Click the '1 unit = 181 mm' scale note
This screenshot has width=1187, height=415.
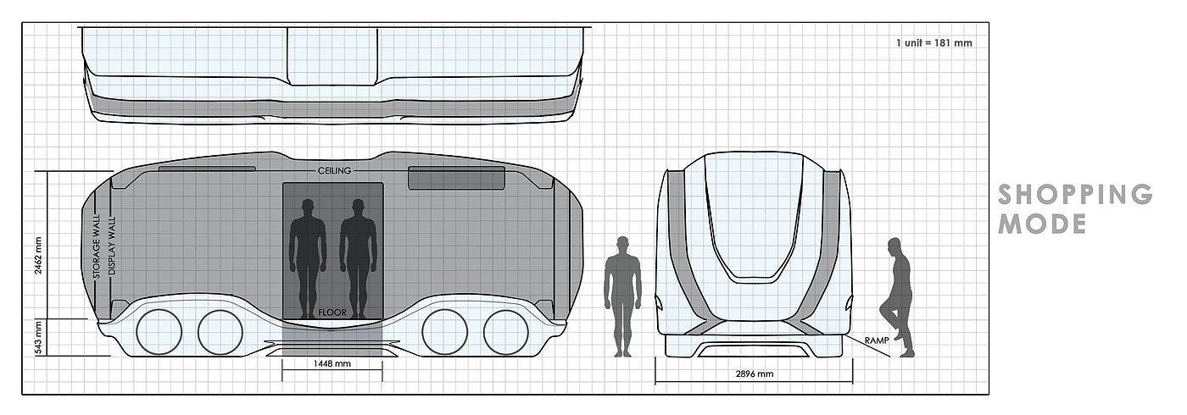click(933, 42)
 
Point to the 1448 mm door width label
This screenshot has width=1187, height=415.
click(332, 364)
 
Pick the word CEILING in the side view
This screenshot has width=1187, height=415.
click(334, 171)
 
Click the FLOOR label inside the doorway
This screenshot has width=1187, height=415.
click(332, 313)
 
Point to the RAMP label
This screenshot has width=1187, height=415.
click(877, 340)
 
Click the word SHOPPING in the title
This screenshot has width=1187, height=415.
click(1075, 195)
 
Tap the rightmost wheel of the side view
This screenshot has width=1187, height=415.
click(506, 331)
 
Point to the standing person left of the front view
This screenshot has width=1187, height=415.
click(622, 296)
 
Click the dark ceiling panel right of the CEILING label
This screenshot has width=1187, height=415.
click(456, 178)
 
